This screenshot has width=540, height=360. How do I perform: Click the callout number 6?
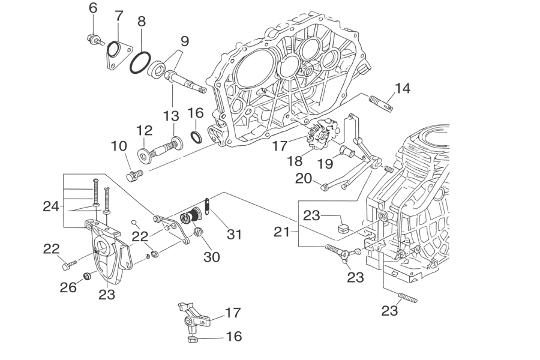coord(92,8)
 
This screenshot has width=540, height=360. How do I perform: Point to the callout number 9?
coord(184,41)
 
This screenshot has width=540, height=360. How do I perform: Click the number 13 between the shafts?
coord(172,115)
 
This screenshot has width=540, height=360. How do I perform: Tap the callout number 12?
coord(144,131)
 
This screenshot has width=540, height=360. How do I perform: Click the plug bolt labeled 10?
coord(134,175)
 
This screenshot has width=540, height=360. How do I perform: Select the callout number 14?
coord(403,89)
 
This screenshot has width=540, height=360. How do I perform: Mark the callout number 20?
coord(304,178)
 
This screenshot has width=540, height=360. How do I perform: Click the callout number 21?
coord(282,230)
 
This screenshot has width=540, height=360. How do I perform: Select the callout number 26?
coord(68,287)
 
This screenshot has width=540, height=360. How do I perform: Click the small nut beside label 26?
coord(86,276)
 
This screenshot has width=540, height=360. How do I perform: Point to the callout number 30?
coord(211,257)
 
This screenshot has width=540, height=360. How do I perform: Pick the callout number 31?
coord(234,233)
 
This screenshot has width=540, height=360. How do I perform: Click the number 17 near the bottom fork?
coord(233,313)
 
